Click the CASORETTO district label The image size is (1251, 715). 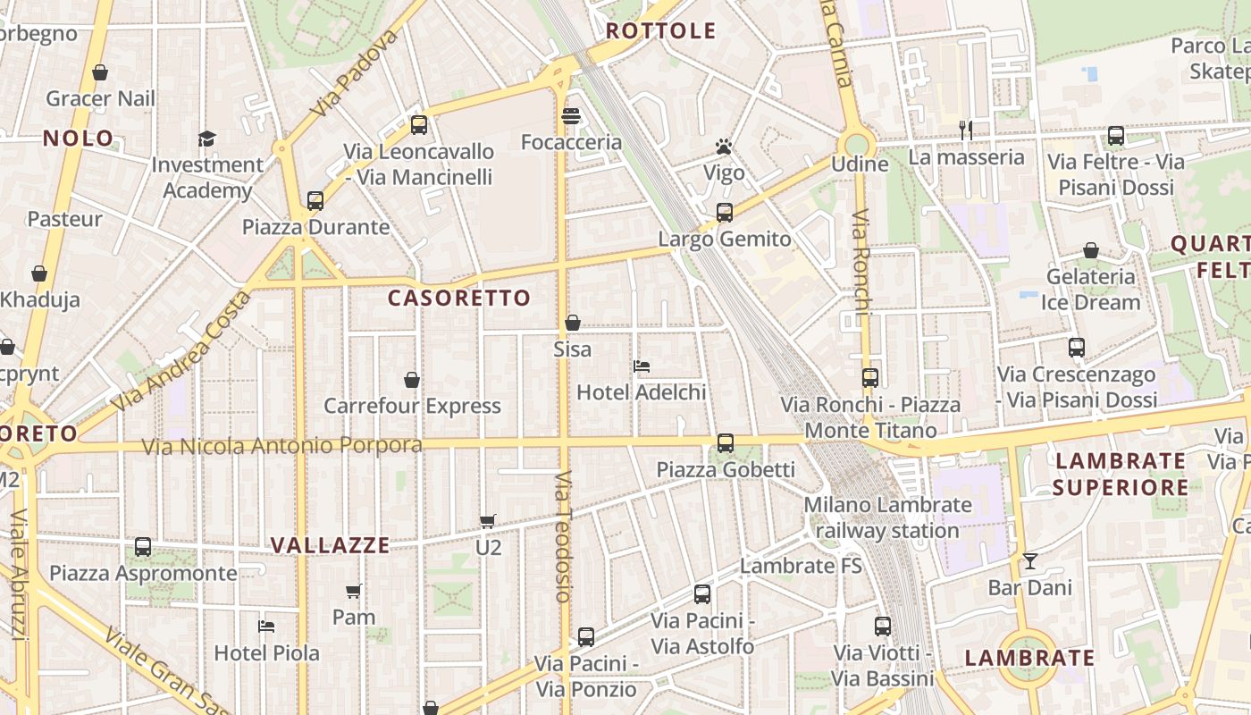459,298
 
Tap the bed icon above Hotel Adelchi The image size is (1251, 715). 641,366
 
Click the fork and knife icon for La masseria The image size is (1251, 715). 966,130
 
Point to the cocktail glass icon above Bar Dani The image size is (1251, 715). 1030,560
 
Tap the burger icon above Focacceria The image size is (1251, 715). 571,116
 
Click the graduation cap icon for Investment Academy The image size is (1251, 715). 207,139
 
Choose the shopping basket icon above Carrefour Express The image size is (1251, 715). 412,380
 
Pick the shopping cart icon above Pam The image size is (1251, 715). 354,591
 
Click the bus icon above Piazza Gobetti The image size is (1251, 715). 726,442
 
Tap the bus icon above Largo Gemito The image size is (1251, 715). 725,213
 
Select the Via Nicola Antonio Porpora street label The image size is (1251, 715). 282,445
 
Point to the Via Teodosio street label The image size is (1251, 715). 562,536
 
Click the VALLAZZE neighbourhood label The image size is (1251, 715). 331,545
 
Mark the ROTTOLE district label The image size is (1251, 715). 661,31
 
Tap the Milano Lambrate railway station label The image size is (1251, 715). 887,517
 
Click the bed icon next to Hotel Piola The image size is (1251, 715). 266,627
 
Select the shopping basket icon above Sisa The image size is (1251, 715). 573,323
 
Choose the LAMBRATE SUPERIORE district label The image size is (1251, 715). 1121,475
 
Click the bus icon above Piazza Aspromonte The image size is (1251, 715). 143,547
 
